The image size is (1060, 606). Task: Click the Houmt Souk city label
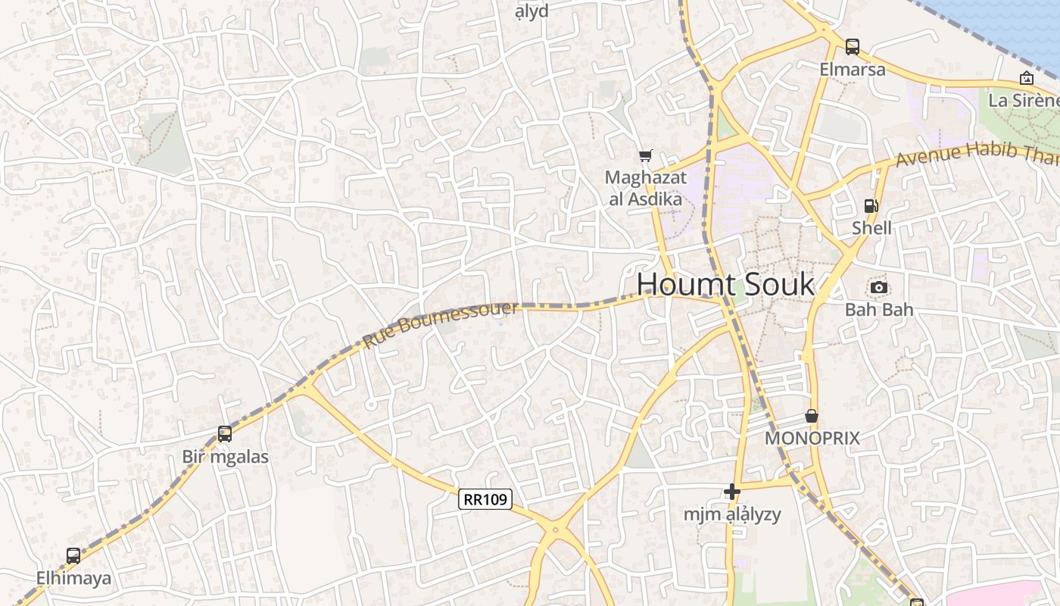pyautogui.click(x=725, y=285)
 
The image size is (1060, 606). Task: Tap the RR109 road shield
pyautogui.click(x=485, y=499)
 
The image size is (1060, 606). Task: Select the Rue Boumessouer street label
pyautogui.click(x=441, y=324)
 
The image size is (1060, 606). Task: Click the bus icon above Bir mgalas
pyautogui.click(x=225, y=434)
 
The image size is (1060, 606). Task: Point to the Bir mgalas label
pyautogui.click(x=225, y=457)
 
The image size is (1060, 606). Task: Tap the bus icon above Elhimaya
pyautogui.click(x=73, y=555)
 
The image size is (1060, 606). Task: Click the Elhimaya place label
pyautogui.click(x=73, y=579)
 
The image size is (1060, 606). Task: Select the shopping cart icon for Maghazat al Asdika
pyautogui.click(x=645, y=156)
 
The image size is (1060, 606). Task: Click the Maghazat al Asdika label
pyautogui.click(x=646, y=189)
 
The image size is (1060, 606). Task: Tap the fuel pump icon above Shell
pyautogui.click(x=871, y=205)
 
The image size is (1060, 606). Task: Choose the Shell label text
pyautogui.click(x=871, y=228)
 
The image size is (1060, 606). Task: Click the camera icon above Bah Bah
pyautogui.click(x=879, y=287)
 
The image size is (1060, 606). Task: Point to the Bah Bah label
pyautogui.click(x=879, y=310)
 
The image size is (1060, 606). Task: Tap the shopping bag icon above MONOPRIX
pyautogui.click(x=812, y=416)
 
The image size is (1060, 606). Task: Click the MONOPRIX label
pyautogui.click(x=812, y=439)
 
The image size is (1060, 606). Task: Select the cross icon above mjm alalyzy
pyautogui.click(x=732, y=492)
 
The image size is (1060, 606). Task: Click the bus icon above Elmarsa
pyautogui.click(x=853, y=46)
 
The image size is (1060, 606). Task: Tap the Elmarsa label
pyautogui.click(x=853, y=70)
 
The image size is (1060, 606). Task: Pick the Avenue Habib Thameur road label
pyautogui.click(x=977, y=155)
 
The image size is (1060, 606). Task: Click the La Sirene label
pyautogui.click(x=1024, y=100)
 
